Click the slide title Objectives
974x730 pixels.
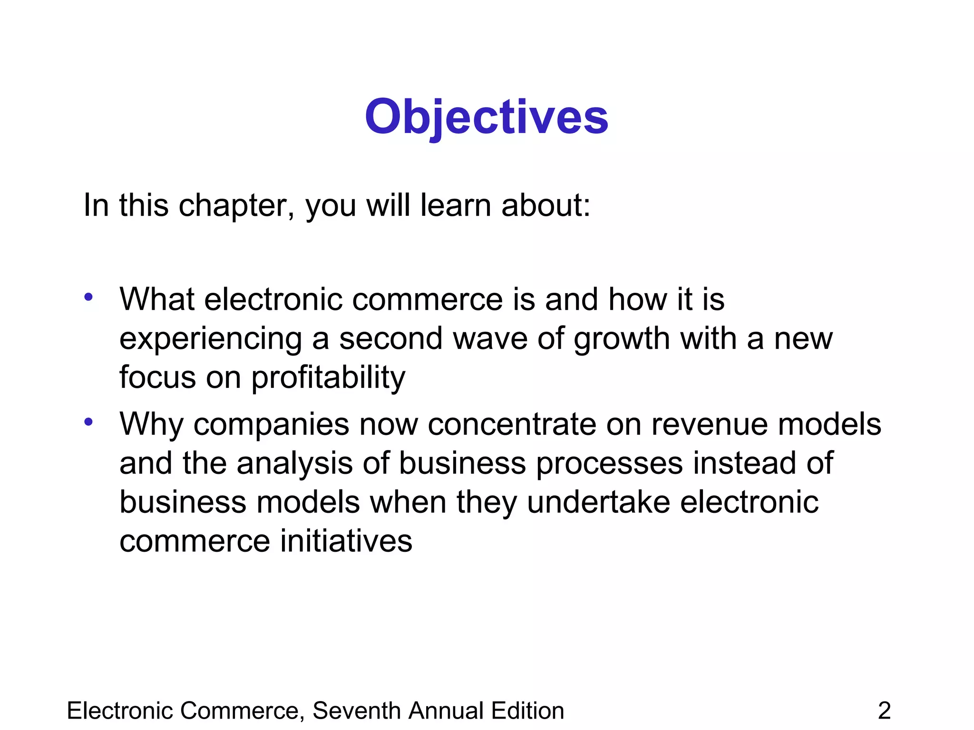487,117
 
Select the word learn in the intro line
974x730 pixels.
455,205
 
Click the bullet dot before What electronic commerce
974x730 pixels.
88,298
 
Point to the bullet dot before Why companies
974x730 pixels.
88,422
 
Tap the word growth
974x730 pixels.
622,339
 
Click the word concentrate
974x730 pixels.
512,424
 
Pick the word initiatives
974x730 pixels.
346,541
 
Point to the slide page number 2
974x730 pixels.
884,711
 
